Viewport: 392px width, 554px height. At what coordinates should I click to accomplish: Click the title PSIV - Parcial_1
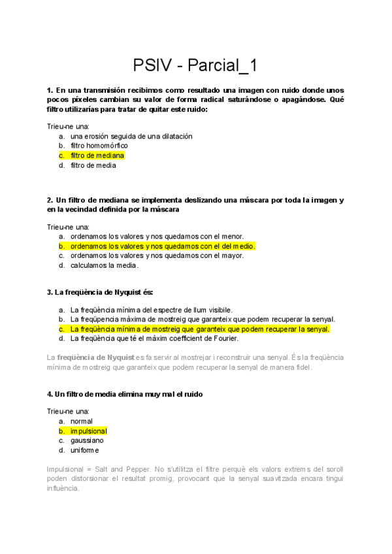pyautogui.click(x=195, y=65)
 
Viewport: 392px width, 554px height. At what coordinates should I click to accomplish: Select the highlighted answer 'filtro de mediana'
pyautogui.click(x=97, y=155)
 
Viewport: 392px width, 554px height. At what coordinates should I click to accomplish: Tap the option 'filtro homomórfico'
pyautogui.click(x=99, y=146)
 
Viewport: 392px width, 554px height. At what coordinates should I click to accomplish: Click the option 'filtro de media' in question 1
pyautogui.click(x=93, y=165)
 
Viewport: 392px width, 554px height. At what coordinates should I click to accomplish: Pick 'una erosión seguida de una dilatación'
pyautogui.click(x=131, y=136)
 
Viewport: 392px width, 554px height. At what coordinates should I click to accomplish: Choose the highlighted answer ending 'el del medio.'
pyautogui.click(x=163, y=246)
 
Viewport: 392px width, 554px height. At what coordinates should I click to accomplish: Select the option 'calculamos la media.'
pyautogui.click(x=105, y=265)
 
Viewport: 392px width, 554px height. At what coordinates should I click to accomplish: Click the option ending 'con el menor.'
pyautogui.click(x=157, y=236)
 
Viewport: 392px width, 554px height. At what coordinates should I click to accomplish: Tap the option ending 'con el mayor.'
pyautogui.click(x=157, y=255)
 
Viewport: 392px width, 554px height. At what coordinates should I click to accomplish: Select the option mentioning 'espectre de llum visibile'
pyautogui.click(x=152, y=310)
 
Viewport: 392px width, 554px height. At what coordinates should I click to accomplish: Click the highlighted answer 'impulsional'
pyautogui.click(x=89, y=431)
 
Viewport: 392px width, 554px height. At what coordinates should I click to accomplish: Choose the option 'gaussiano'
pyautogui.click(x=87, y=441)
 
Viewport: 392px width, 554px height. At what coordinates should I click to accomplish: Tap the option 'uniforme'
pyautogui.click(x=85, y=450)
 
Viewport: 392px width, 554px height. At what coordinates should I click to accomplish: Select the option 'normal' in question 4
pyautogui.click(x=82, y=422)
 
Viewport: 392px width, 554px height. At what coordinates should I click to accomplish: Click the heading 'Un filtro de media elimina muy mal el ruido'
pyautogui.click(x=129, y=395)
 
